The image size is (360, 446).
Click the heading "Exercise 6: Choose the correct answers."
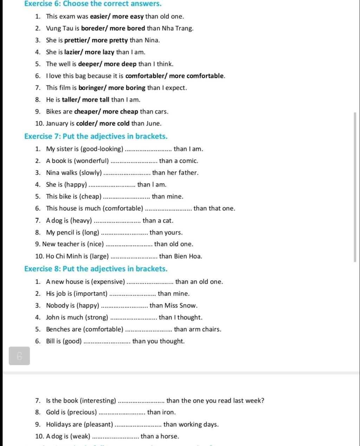click(93, 4)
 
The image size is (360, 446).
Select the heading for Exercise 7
click(96, 136)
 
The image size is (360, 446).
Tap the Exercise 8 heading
click(96, 269)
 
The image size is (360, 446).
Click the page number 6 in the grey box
click(19, 356)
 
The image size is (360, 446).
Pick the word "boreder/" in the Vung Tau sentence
click(94, 28)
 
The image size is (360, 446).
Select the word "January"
click(57, 124)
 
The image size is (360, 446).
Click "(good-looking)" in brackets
click(102, 149)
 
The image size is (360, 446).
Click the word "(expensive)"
click(108, 282)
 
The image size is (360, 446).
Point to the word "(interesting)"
click(98, 401)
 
